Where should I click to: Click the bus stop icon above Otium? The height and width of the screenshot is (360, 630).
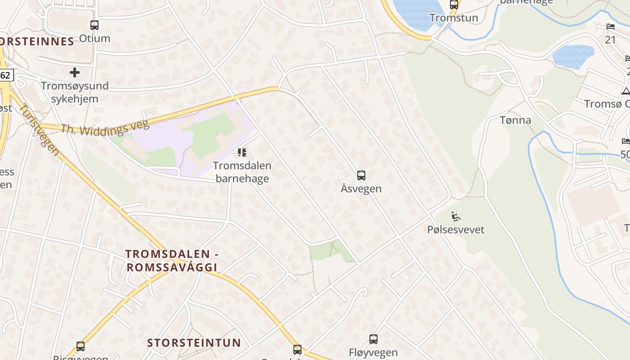(94, 25)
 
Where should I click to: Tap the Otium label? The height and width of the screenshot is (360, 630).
(94, 38)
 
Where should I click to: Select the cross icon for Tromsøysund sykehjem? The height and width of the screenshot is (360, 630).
(75, 72)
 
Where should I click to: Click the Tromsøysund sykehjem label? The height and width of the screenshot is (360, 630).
(75, 92)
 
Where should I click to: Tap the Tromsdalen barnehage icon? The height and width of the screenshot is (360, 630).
(242, 153)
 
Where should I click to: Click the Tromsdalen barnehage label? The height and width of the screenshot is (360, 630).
(242, 172)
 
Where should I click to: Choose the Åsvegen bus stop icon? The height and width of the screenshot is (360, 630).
(361, 175)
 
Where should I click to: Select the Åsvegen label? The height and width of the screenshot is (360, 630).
(361, 189)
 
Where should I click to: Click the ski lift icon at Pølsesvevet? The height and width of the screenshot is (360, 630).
(455, 216)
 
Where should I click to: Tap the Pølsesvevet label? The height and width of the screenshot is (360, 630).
(455, 229)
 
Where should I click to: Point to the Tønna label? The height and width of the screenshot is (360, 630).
(515, 120)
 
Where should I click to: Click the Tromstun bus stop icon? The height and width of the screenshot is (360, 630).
(454, 5)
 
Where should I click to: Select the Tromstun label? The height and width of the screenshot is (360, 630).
(454, 18)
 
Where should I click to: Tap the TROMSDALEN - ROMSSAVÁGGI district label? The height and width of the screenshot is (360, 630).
(172, 261)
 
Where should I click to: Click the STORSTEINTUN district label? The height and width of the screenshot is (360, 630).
(194, 343)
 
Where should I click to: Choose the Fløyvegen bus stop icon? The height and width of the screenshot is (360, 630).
(373, 339)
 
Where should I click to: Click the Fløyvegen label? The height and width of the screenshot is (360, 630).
(373, 352)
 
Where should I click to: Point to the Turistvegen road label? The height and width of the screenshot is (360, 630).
(39, 130)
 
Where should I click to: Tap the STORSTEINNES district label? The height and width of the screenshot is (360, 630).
(36, 42)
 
